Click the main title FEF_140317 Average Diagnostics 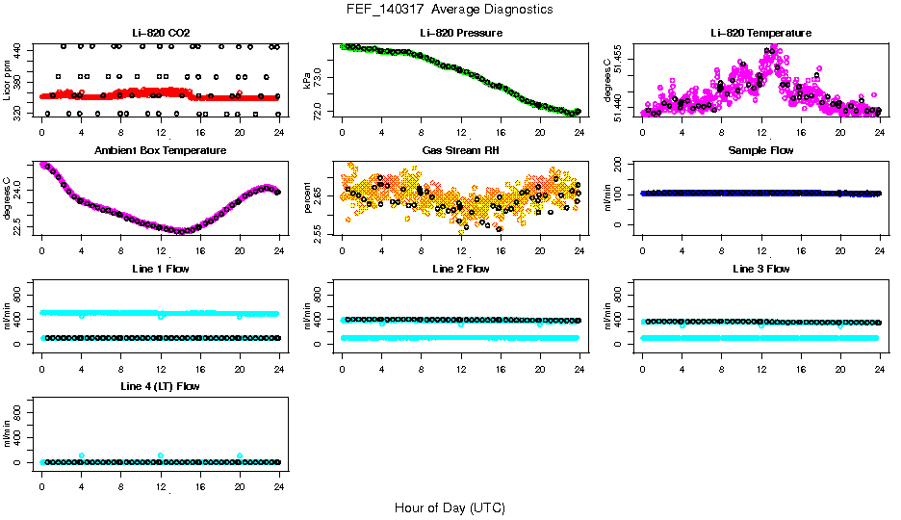click(x=450, y=9)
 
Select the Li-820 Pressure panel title click(x=460, y=33)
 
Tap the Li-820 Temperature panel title click(x=760, y=33)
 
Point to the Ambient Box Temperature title click(x=161, y=151)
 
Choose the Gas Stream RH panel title click(x=460, y=151)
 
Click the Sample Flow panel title click(x=760, y=151)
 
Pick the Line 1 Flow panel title click(x=161, y=269)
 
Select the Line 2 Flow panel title click(x=460, y=269)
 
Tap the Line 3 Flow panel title click(x=760, y=269)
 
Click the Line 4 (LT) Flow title click(x=161, y=386)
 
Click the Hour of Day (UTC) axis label click(x=450, y=507)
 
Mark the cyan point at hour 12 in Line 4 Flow click(x=161, y=455)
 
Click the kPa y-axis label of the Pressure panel click(x=310, y=81)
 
